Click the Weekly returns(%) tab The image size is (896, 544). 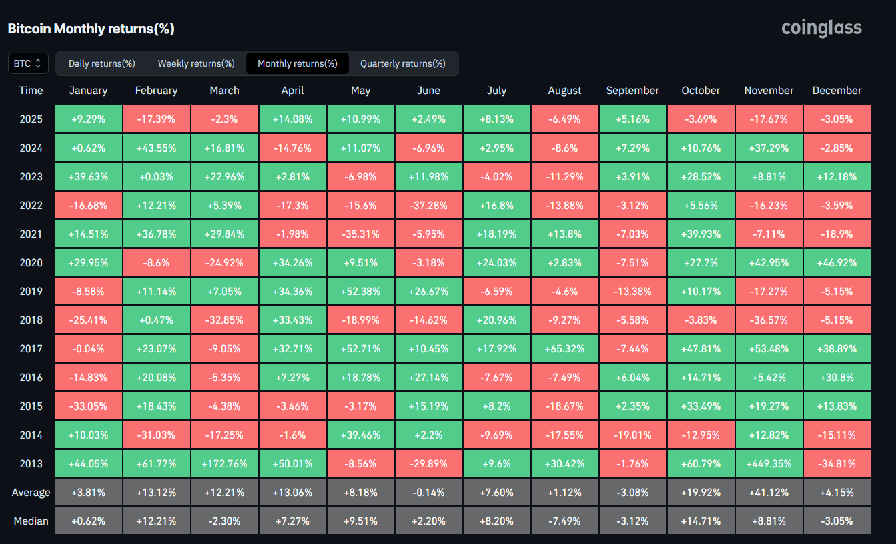coord(196,63)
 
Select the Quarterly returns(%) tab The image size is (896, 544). coord(402,63)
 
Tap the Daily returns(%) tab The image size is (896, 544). coord(102,63)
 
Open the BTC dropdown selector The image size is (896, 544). coord(28,63)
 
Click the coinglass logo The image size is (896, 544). coord(821,28)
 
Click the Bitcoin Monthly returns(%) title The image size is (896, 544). coord(91,29)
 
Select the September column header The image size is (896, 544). coord(632,91)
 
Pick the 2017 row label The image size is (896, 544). coord(31,348)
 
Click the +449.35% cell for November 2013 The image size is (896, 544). coord(769,463)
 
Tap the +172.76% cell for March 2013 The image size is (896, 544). coord(224,463)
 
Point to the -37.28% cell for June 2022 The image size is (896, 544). coord(428,205)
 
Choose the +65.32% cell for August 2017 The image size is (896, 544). coord(564,348)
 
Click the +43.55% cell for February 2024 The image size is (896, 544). coord(156,148)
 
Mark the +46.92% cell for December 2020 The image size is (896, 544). coord(837,262)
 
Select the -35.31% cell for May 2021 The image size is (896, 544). coord(360,234)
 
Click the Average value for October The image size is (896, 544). coord(701,493)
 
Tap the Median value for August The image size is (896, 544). coord(564,521)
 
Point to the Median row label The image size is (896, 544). coord(31,521)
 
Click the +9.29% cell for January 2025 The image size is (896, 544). coord(88,119)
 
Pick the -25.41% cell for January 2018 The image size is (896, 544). coord(88,320)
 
